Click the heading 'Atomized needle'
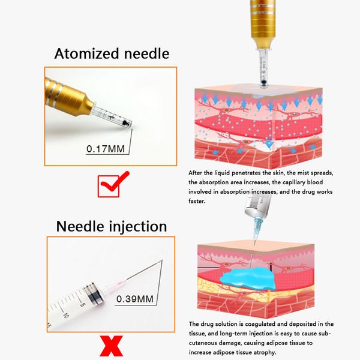point(112,53)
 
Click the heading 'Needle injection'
point(111,226)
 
